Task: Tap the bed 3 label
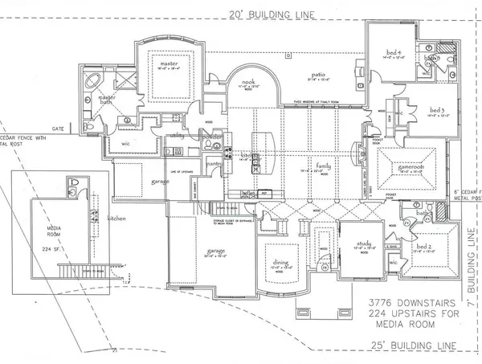tap(437, 109)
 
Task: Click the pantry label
tap(213, 164)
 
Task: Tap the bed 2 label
tap(427, 244)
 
